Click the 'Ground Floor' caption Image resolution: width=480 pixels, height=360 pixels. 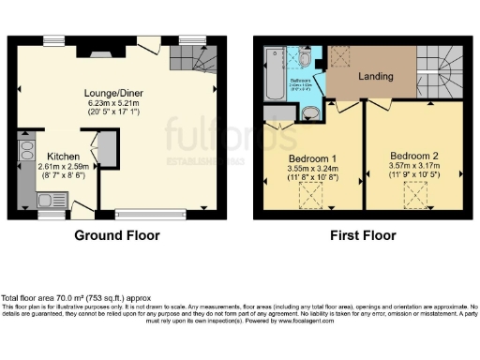tap(116, 235)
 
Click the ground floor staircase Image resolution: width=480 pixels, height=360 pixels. tap(193, 61)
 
